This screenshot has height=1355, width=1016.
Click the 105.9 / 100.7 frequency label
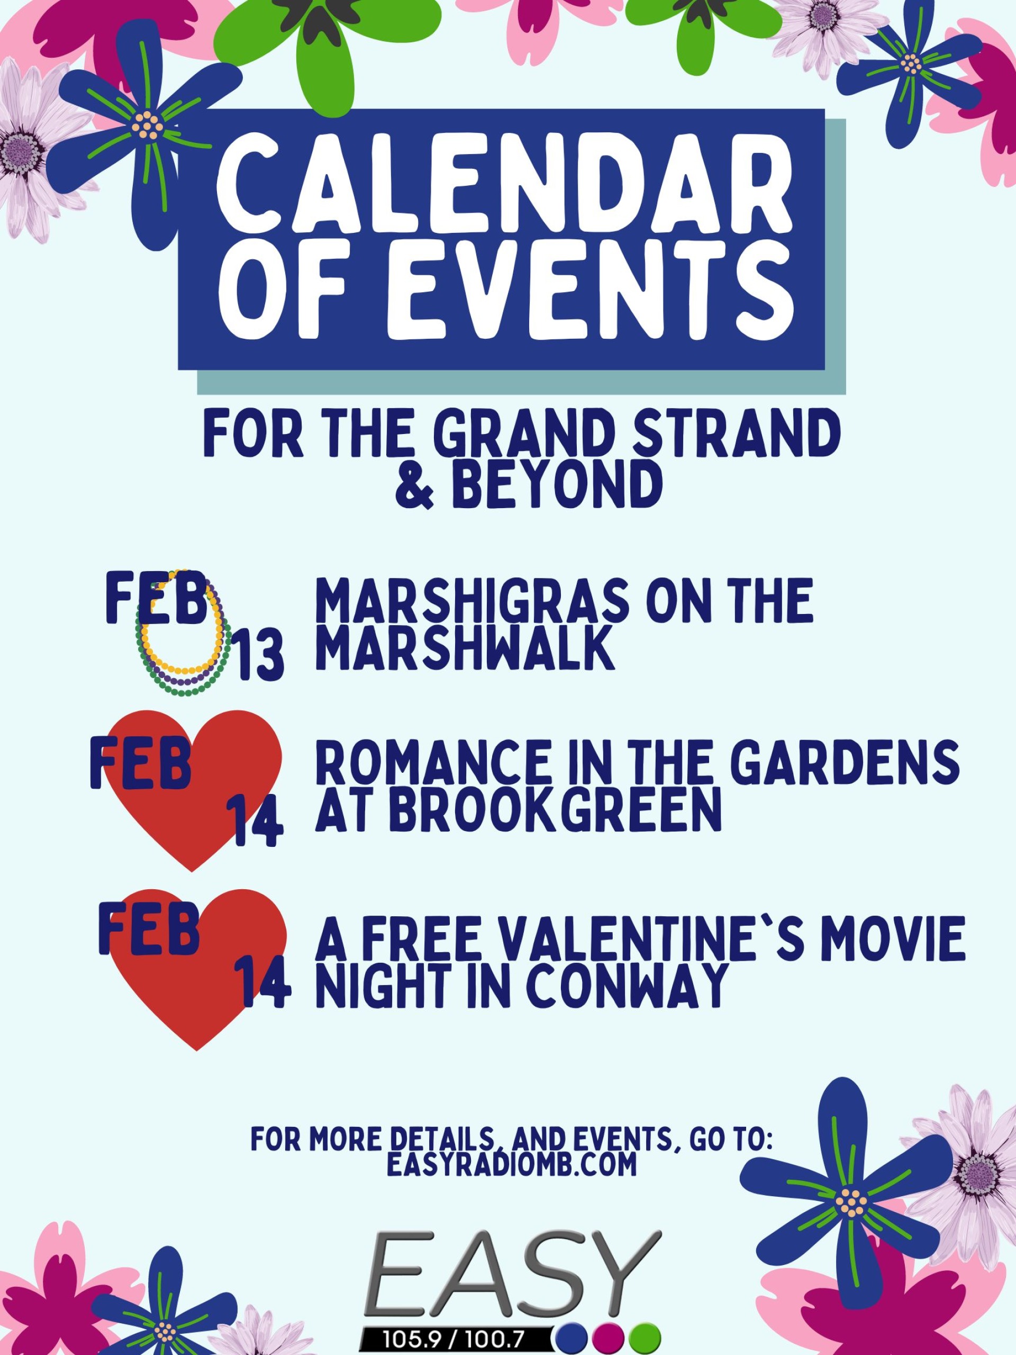click(453, 1339)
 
